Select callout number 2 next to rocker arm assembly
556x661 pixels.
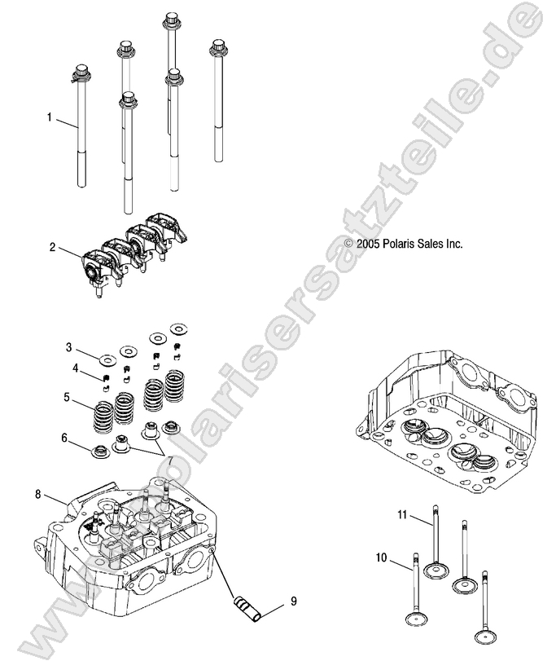[x=52, y=247]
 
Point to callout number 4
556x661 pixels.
[x=75, y=368]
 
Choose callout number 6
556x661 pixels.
[x=64, y=438]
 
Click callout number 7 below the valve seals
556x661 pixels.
[x=170, y=463]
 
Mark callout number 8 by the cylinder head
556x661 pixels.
[x=37, y=494]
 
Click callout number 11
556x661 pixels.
[x=401, y=513]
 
